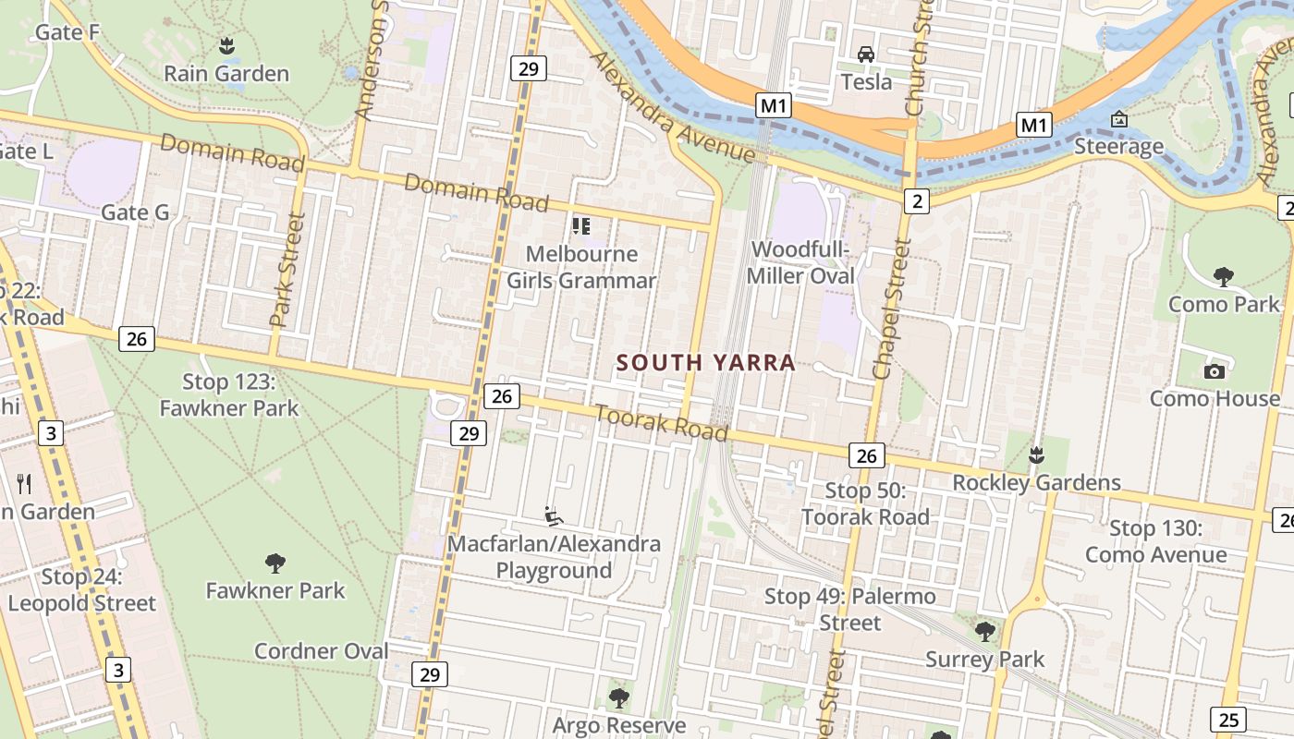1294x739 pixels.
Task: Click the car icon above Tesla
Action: pos(866,54)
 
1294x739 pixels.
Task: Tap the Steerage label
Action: pos(1118,147)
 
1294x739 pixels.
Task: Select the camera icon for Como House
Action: pos(1215,371)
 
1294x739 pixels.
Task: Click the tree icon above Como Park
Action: pos(1224,275)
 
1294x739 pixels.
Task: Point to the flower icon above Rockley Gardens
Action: pos(1036,454)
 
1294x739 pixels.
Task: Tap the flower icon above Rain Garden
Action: pos(226,44)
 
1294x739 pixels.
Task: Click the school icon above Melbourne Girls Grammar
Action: pos(581,225)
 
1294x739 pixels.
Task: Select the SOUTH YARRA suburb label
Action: pos(706,363)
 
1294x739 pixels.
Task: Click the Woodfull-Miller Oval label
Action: pos(800,262)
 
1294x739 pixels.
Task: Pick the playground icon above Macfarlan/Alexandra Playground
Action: pos(554,515)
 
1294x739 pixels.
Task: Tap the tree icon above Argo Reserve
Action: pos(619,697)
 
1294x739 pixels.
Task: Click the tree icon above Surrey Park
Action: pos(985,632)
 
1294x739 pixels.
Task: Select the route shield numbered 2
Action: pos(916,200)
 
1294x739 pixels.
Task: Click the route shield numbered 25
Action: pos(1230,719)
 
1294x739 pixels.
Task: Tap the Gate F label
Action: pos(67,32)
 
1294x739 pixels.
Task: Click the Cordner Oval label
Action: pos(322,650)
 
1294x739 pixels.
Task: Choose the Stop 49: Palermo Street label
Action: pos(849,610)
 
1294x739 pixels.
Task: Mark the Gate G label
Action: pos(135,212)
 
